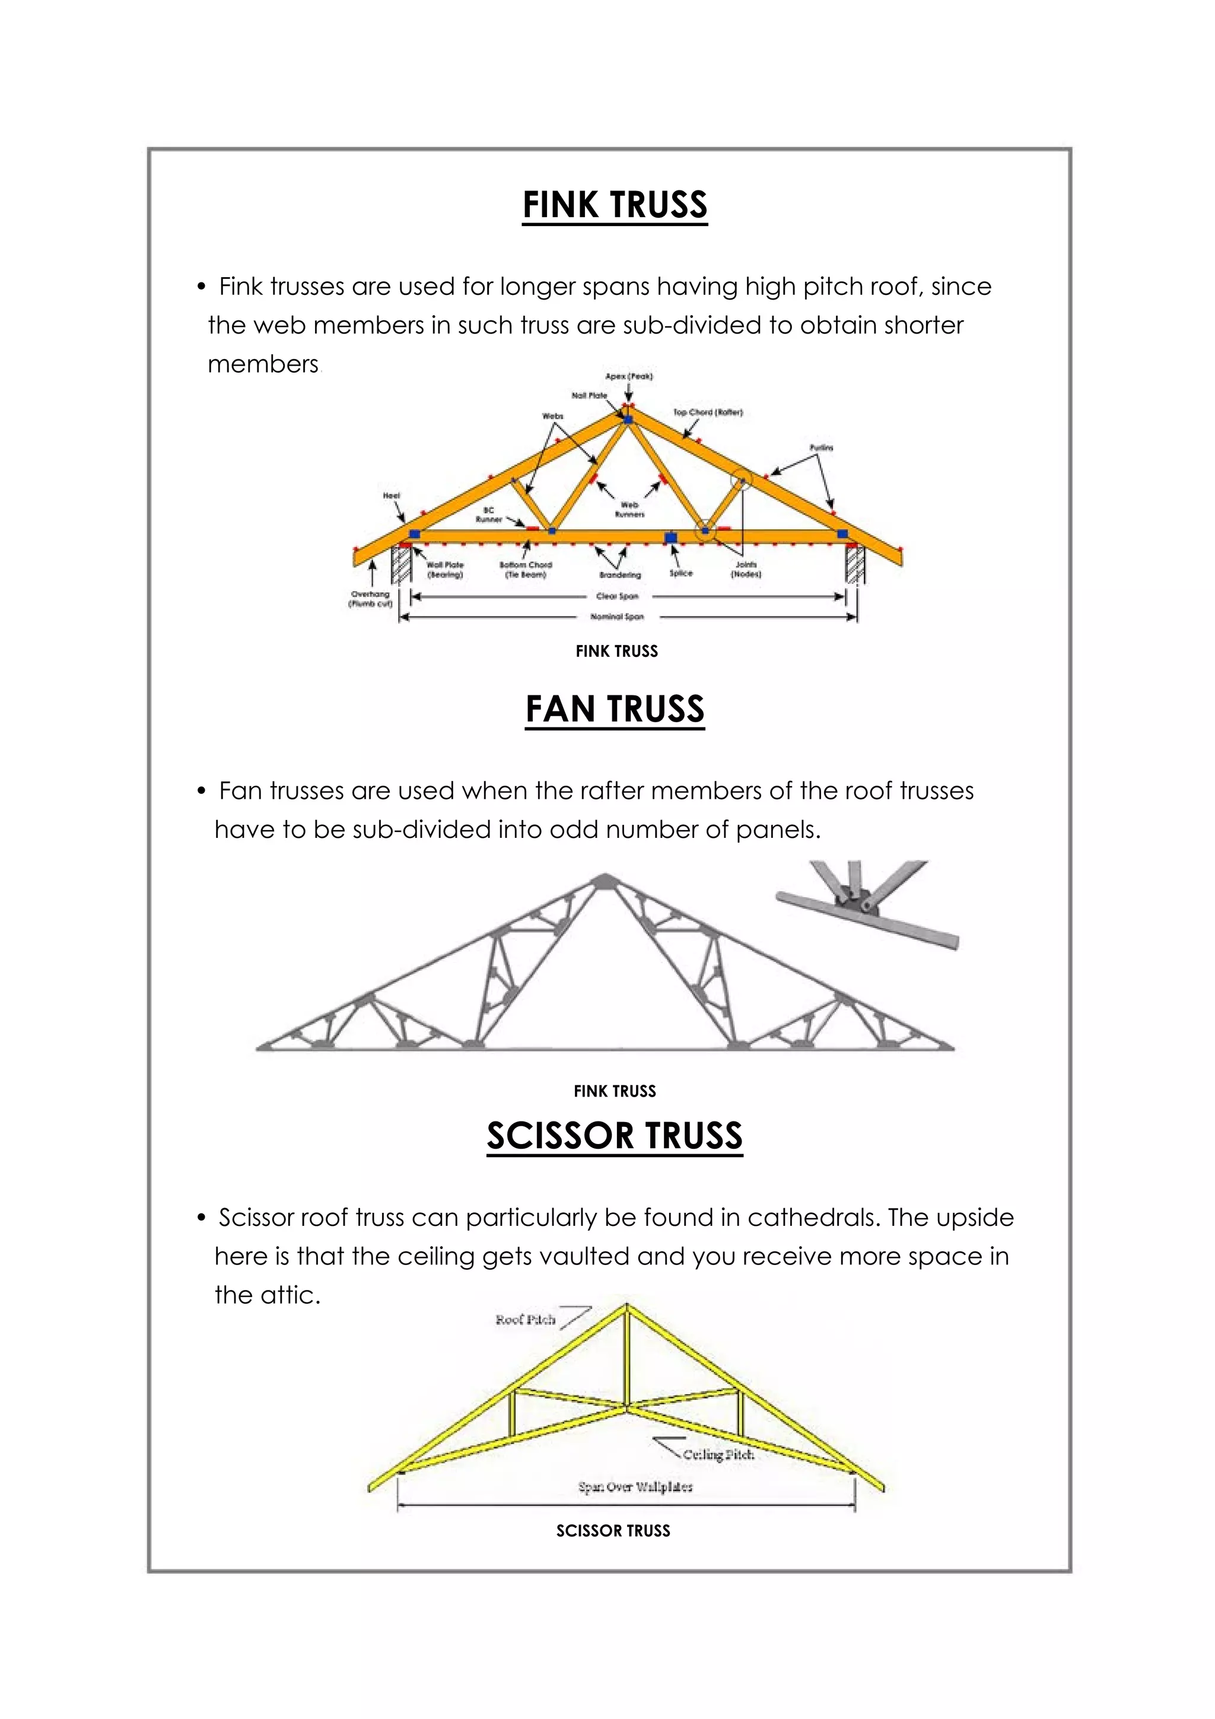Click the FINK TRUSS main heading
(x=615, y=205)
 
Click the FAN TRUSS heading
(x=615, y=709)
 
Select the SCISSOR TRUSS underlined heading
(x=615, y=1136)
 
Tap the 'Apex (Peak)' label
(x=629, y=377)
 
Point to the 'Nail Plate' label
(x=589, y=395)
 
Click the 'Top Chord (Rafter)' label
(x=707, y=412)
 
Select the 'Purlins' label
(x=821, y=448)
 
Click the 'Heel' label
(x=392, y=495)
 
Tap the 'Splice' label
(x=680, y=574)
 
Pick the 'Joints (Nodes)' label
(x=746, y=570)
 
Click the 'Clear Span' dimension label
(x=618, y=597)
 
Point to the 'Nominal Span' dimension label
(x=617, y=617)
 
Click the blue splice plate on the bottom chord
(x=671, y=538)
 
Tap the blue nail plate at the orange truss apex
(x=628, y=420)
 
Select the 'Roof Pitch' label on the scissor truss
(x=526, y=1320)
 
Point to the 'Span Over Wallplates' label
(x=635, y=1486)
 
